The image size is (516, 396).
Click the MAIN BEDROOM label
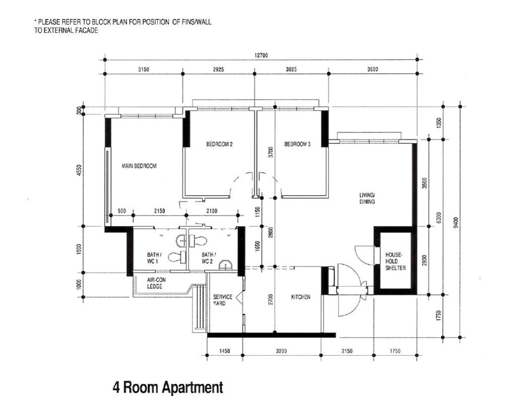(139, 166)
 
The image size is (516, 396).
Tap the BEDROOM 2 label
(220, 144)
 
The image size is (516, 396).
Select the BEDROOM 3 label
(297, 144)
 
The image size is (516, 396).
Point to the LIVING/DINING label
(367, 198)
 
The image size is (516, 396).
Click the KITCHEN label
(301, 297)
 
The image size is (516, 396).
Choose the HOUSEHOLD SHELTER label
(396, 261)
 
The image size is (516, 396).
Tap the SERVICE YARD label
(222, 300)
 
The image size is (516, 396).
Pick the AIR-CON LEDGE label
(156, 283)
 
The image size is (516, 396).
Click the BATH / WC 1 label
(154, 258)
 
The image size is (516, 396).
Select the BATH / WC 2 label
(207, 258)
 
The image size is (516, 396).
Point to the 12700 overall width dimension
(261, 55)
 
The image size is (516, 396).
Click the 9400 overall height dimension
(456, 222)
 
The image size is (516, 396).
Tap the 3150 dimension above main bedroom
(144, 69)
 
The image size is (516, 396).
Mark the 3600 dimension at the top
(372, 69)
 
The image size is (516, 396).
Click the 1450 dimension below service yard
(224, 351)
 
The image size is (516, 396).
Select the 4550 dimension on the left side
(78, 171)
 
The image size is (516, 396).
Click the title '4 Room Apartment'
(168, 387)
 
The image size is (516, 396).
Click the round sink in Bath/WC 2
(225, 264)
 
